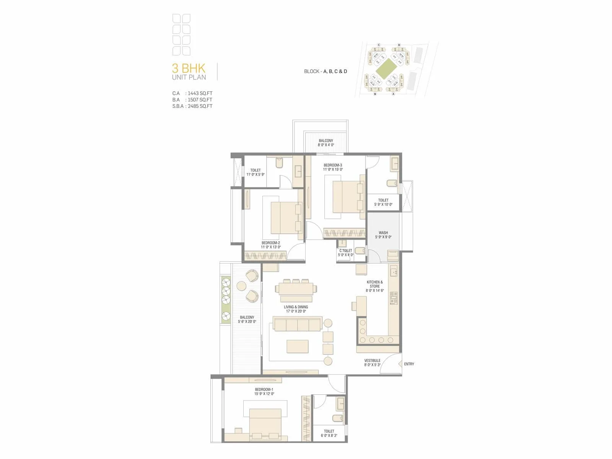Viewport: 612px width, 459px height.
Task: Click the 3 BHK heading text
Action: [x=189, y=68]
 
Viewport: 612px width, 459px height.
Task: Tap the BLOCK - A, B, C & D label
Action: [x=326, y=72]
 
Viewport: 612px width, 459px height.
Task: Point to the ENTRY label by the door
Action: [x=409, y=364]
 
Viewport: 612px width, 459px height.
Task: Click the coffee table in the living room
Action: [x=298, y=347]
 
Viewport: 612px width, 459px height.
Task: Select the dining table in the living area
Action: [x=296, y=289]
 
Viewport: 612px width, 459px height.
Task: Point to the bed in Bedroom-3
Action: [x=347, y=197]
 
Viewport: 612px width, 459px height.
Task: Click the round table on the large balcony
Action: [x=241, y=286]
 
